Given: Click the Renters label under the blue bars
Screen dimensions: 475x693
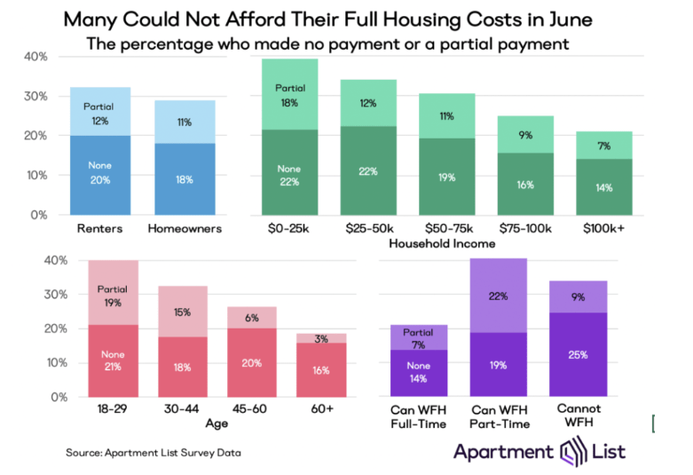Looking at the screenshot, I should [106, 230].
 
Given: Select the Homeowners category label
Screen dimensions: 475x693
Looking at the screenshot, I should [183, 230].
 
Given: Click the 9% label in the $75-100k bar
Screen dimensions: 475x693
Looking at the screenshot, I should [526, 136].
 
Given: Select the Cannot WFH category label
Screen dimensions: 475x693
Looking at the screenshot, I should [579, 415].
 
